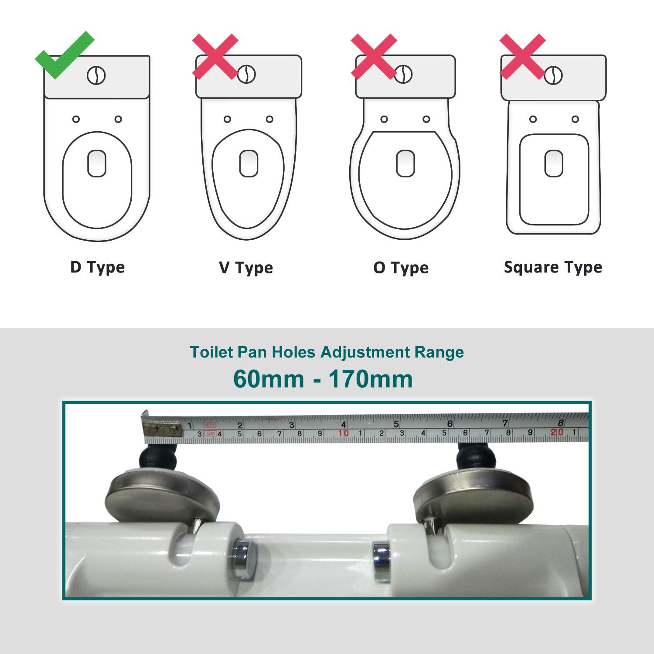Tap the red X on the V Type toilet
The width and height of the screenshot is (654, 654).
[x=215, y=56]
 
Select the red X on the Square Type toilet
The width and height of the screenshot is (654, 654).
[x=522, y=56]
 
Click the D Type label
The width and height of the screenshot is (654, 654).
[x=97, y=267]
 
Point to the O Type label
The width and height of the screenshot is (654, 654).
[x=401, y=268]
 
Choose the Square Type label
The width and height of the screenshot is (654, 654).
[x=553, y=267]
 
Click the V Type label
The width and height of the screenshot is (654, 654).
[x=246, y=268]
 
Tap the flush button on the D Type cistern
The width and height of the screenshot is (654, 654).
[x=96, y=76]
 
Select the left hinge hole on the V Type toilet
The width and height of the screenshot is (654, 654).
[x=227, y=119]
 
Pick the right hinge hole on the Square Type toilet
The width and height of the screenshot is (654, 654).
[x=575, y=119]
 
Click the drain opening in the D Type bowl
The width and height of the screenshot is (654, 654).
[x=97, y=163]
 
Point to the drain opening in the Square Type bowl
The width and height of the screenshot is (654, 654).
[x=554, y=163]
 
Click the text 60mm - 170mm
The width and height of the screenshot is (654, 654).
[x=323, y=378]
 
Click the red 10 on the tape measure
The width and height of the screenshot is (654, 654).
[x=344, y=433]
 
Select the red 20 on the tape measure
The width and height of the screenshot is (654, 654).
[x=557, y=432]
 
